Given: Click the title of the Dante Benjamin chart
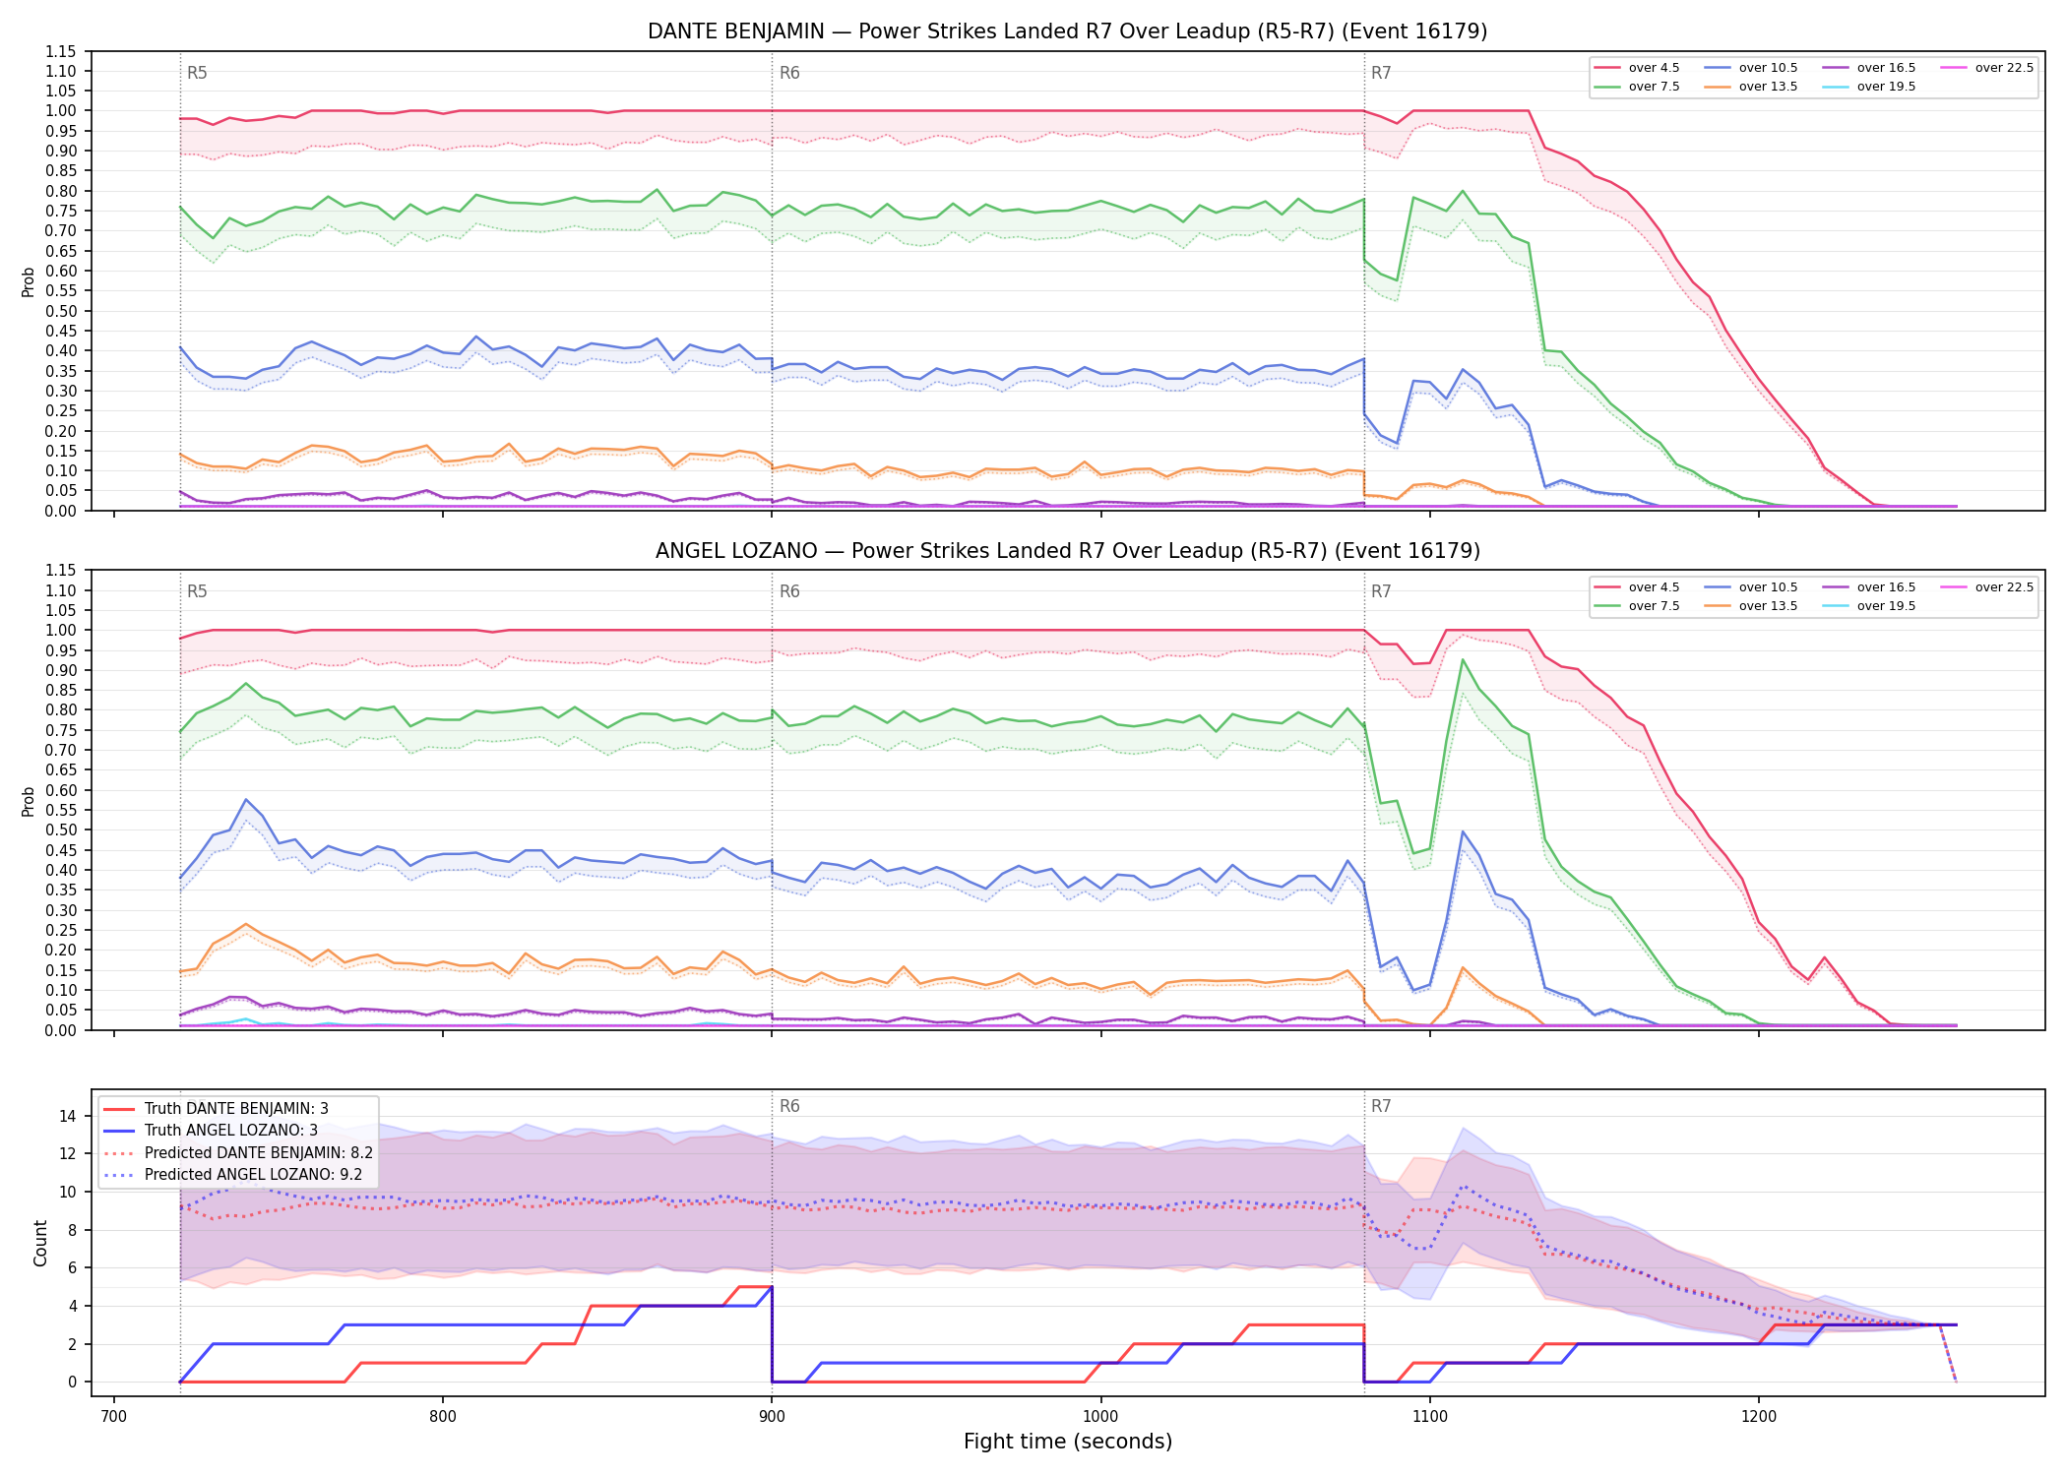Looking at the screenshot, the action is coord(1067,31).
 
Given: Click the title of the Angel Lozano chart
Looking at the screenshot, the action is coord(1067,551).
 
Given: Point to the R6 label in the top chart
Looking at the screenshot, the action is coord(789,73).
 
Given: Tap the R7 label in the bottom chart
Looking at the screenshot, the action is coord(1381,1106).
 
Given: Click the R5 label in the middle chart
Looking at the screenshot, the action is coord(197,591).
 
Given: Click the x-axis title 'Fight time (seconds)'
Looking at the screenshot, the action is coord(1068,1442).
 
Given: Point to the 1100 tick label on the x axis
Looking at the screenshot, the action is coord(1429,1416).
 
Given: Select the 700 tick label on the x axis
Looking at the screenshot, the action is coord(114,1416).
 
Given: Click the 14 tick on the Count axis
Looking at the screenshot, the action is coord(68,1116).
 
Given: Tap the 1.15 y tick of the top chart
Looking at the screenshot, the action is coord(61,51).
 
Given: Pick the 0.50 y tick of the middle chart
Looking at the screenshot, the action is coord(61,830).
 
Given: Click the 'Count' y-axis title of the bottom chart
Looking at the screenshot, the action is coord(40,1243).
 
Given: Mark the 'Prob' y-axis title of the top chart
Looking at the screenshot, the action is coord(29,281).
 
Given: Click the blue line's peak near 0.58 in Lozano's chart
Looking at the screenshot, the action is coord(246,799).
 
